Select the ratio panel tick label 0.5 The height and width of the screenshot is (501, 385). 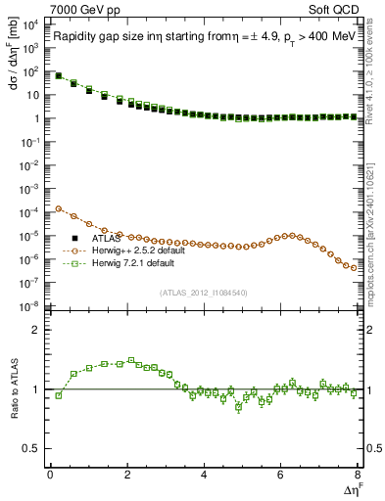coord(32,448)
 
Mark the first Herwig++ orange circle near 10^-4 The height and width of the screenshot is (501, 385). coord(59,208)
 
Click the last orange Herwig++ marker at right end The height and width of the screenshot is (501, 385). coord(353,267)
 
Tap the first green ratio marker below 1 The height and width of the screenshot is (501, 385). coord(59,395)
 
